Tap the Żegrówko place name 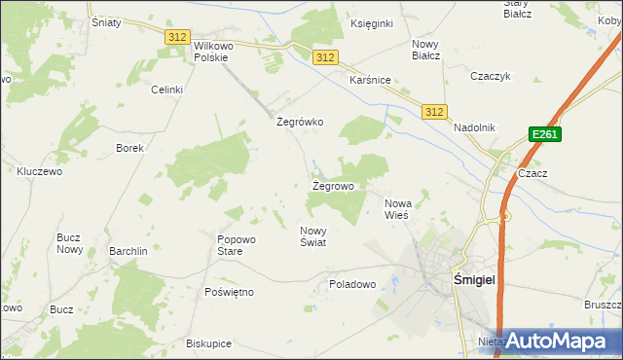click(x=300, y=123)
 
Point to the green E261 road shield click(x=544, y=135)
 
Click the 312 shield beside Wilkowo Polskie click(x=176, y=36)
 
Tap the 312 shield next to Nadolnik click(x=434, y=112)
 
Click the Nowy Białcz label click(x=426, y=50)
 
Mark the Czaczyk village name click(x=491, y=76)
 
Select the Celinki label click(x=166, y=90)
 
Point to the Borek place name click(x=129, y=149)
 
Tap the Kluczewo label click(x=40, y=170)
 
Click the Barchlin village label click(x=128, y=251)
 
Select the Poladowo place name click(x=352, y=284)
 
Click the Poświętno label click(x=230, y=292)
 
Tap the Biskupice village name click(x=208, y=343)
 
